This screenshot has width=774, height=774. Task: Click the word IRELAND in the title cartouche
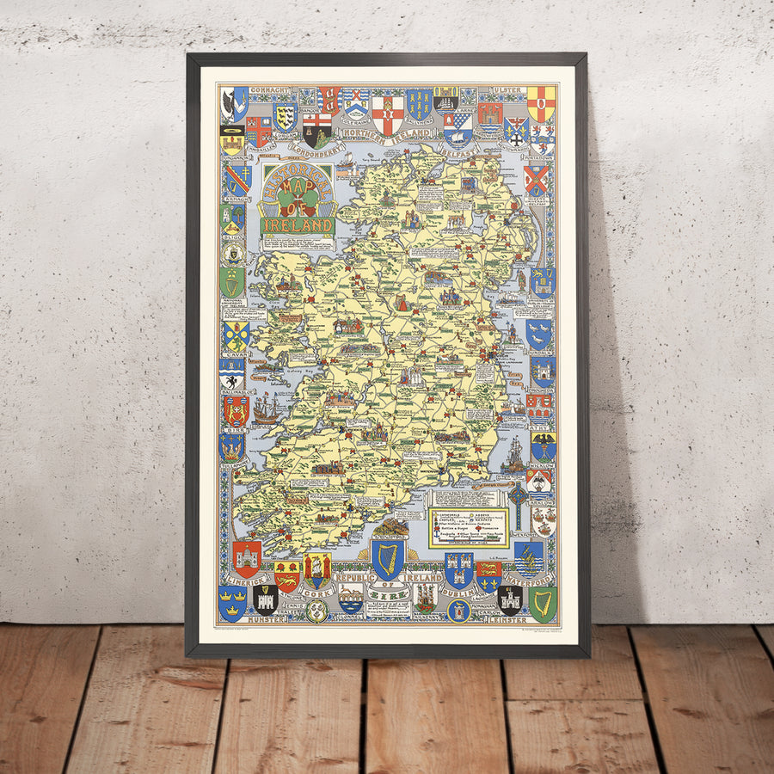298,225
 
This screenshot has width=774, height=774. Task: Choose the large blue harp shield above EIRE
388,558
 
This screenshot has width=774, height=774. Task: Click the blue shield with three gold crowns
232,602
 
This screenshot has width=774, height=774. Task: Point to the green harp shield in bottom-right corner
543,603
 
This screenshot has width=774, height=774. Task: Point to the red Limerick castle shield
247,558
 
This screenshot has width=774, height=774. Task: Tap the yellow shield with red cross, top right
541,103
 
